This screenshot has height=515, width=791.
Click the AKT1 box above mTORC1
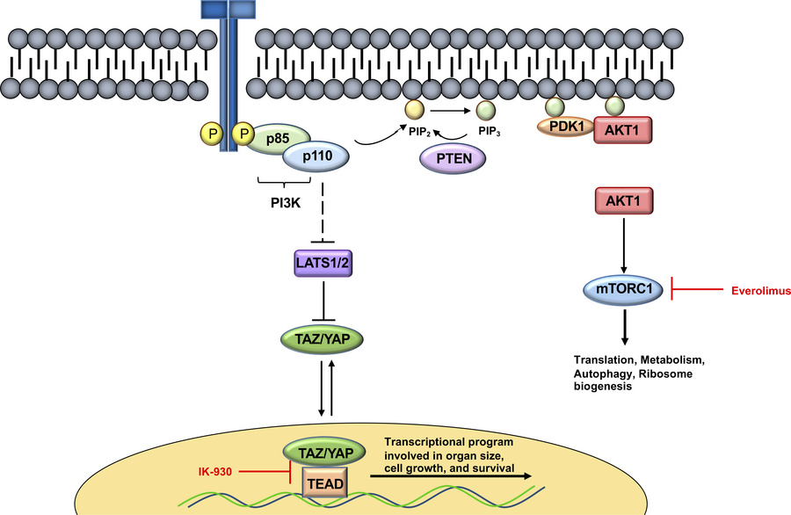coord(623,202)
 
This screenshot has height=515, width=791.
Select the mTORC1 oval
coord(623,288)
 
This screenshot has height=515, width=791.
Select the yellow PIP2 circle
coord(412,111)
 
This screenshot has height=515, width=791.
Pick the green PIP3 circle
coord(485,112)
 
